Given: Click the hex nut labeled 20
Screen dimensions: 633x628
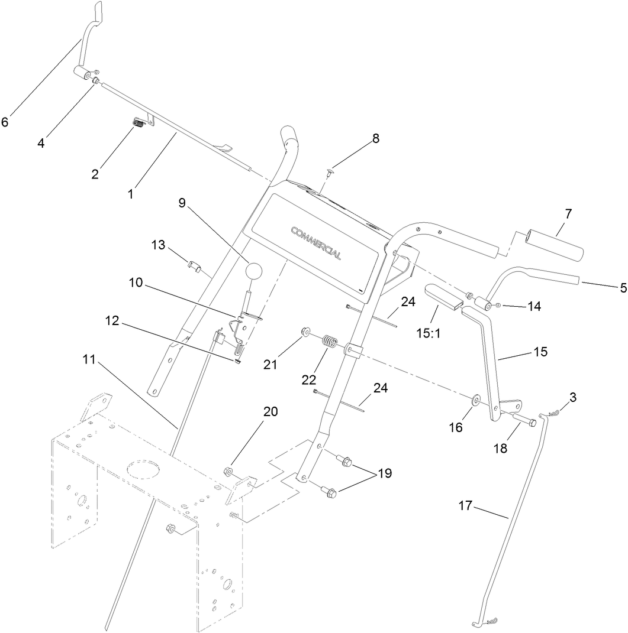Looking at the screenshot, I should (x=228, y=471).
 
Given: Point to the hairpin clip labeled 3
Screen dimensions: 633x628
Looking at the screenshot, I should (x=553, y=415).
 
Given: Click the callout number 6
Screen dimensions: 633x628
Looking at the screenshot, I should (x=5, y=122).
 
